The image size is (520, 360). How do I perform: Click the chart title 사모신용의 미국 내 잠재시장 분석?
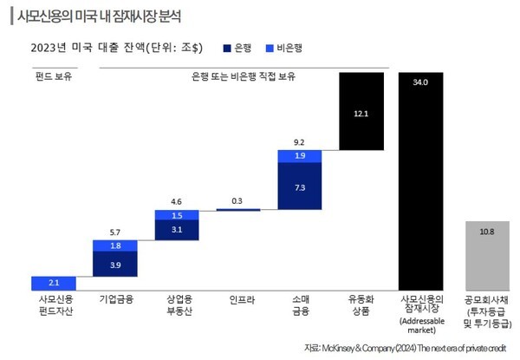pos(101,16)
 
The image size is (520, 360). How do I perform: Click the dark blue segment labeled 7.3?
pos(299,187)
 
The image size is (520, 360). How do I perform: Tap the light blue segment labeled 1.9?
pos(299,156)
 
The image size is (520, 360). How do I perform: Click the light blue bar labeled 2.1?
pos(53,284)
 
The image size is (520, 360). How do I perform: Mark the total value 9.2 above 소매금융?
pos(299,141)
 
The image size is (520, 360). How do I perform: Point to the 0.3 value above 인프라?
pos(237,200)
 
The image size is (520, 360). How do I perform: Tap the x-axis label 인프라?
pos(237,300)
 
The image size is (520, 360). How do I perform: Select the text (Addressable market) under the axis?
pos(422,326)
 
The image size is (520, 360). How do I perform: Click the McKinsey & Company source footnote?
pos(405,348)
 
